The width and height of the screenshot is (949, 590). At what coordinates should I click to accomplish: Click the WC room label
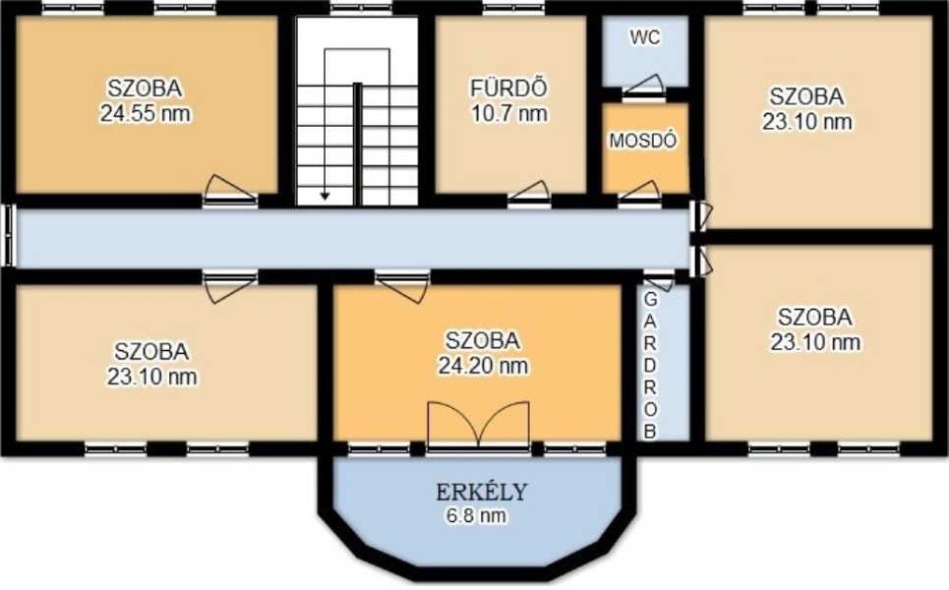[x=644, y=37]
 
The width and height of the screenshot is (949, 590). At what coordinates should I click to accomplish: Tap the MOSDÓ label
[x=643, y=141]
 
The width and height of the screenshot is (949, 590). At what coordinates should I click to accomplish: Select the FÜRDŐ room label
[x=509, y=88]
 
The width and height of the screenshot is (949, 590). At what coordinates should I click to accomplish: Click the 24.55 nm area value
[x=146, y=113]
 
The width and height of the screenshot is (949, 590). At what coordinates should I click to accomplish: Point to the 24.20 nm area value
[x=483, y=366]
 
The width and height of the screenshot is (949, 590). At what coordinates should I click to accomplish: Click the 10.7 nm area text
[x=509, y=113]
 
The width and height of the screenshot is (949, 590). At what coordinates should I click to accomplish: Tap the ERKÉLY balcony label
[x=482, y=492]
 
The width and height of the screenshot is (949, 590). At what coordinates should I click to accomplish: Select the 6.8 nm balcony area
[x=476, y=515]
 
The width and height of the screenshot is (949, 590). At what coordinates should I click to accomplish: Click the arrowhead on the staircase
[x=325, y=196]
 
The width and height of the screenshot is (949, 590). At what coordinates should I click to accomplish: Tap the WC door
[x=644, y=88]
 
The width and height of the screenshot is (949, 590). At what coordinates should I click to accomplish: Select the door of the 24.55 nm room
[x=229, y=191]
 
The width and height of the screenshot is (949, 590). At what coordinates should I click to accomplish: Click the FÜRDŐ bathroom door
[x=529, y=194]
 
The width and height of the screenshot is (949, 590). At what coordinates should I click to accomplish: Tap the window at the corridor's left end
[x=9, y=235]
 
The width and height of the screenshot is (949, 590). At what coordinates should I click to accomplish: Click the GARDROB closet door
[x=659, y=281]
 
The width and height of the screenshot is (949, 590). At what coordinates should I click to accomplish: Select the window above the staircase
[x=361, y=9]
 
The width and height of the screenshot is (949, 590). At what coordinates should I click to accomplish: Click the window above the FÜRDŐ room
[x=514, y=9]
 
